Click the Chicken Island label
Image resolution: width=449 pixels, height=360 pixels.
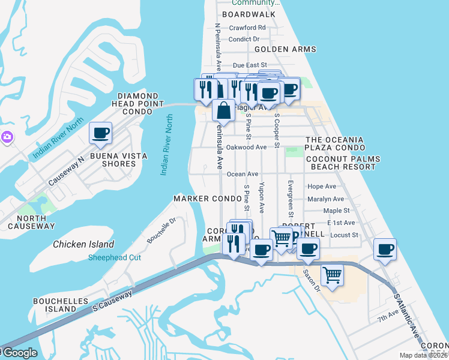[x=83, y=244]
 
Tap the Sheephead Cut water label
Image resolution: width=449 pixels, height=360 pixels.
[x=114, y=257]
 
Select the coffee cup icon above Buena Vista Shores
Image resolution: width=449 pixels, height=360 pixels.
[x=100, y=133]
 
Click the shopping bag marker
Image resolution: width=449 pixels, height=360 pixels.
[x=223, y=111]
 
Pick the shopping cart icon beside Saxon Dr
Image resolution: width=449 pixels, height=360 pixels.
[x=332, y=275]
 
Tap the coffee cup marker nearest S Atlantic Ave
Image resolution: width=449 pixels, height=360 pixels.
[x=385, y=248]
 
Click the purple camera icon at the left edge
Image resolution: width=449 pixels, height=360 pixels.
[x=6, y=137]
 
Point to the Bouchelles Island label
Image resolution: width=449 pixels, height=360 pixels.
[x=61, y=305]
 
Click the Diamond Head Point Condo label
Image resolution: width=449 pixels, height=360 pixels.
[x=141, y=104]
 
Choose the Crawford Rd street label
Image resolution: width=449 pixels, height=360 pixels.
[x=247, y=28]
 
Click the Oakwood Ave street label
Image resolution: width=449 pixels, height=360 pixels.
[x=246, y=147]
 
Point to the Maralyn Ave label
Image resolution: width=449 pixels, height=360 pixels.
[x=325, y=199]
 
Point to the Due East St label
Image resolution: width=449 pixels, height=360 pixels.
[x=249, y=65]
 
